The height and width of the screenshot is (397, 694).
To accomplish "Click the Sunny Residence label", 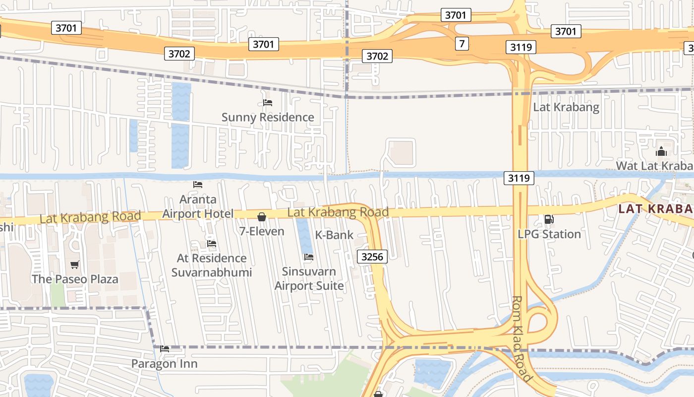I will tap(268, 118).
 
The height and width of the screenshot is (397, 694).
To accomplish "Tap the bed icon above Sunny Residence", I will tap(268, 103).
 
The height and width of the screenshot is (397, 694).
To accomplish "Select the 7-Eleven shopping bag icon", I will tap(262, 217).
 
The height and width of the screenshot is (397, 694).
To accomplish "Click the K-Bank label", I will tap(335, 235).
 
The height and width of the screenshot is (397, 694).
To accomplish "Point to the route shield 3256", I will tap(372, 257).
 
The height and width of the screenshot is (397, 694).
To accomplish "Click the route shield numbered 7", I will tap(462, 44).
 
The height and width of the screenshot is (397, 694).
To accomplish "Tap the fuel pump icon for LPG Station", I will tap(549, 219).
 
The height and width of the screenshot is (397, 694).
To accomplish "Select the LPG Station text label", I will tap(549, 234).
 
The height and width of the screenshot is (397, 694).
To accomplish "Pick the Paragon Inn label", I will tap(164, 364).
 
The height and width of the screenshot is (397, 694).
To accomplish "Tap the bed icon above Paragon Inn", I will tap(165, 349).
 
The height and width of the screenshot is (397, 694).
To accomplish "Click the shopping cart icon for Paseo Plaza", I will tap(75, 265).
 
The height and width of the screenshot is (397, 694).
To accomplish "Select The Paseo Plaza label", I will tap(75, 279).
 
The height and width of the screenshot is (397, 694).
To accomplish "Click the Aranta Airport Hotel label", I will tap(198, 206).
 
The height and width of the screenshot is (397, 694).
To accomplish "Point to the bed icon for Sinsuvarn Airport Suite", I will tap(308, 257).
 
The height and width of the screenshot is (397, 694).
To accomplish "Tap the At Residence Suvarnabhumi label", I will tap(212, 265).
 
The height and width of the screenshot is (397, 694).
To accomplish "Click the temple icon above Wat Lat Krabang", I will tap(661, 151).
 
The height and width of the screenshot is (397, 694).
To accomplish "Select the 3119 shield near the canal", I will tap(519, 178).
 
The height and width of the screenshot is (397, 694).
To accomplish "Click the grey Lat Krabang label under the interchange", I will tap(566, 107).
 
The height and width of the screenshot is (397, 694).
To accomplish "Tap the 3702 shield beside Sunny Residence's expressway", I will tap(179, 54).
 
